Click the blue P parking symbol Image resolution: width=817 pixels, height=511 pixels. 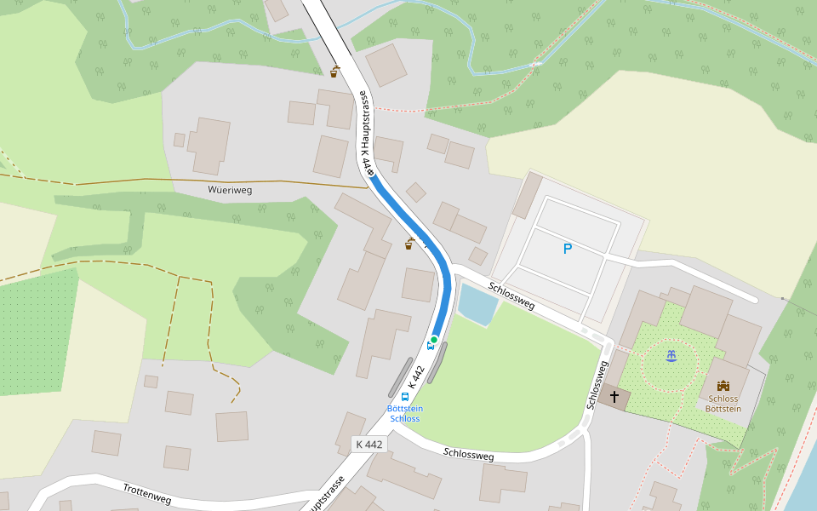click(x=567, y=249)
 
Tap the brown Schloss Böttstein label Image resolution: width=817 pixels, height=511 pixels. click(x=723, y=404)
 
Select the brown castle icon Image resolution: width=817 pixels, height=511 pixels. click(x=723, y=386)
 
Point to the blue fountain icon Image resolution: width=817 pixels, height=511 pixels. click(x=671, y=355)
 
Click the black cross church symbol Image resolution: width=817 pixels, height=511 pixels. click(x=614, y=398)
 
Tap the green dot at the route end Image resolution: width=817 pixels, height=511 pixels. click(x=434, y=340)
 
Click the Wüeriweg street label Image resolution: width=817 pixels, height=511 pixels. click(x=230, y=190)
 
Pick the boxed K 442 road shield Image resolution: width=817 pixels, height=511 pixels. click(x=369, y=444)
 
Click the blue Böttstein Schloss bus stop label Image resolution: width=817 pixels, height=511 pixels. click(x=405, y=414)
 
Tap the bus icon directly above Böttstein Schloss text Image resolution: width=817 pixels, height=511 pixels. click(x=404, y=397)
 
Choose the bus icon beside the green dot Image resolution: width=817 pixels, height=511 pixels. click(x=429, y=346)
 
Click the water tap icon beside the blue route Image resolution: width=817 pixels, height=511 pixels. click(x=409, y=244)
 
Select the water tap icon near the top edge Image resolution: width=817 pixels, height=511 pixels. click(x=335, y=72)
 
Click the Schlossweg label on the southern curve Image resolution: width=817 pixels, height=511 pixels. click(x=468, y=455)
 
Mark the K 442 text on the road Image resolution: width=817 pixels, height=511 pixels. click(x=414, y=378)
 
